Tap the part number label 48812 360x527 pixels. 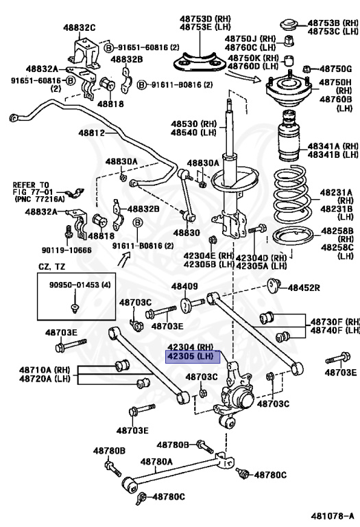pos(92,133)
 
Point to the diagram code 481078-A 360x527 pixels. pos(332,516)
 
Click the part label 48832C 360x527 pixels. pos(80,27)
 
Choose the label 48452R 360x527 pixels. pos(304,288)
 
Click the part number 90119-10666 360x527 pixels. pos(67,250)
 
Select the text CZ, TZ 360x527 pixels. pos(51,267)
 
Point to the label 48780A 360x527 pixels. pos(156,462)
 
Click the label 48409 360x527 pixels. pos(184,286)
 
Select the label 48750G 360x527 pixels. pos(335,69)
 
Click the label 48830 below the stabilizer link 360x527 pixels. pos(187,233)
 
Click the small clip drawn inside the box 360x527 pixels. pos(75,307)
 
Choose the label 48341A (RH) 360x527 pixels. pos(333,146)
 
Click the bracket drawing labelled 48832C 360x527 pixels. pos(84,54)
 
